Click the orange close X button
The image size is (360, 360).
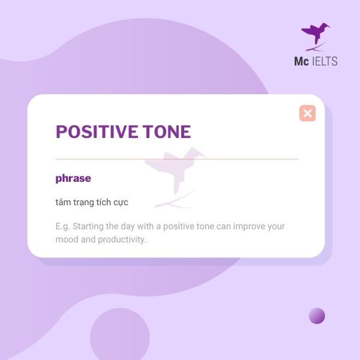[307, 113]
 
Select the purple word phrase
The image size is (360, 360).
[73, 178]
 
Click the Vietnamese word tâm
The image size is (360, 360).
[63, 202]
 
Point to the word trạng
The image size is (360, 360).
[83, 203]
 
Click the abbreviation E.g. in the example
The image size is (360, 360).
[62, 227]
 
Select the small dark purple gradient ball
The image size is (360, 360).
[317, 316]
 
